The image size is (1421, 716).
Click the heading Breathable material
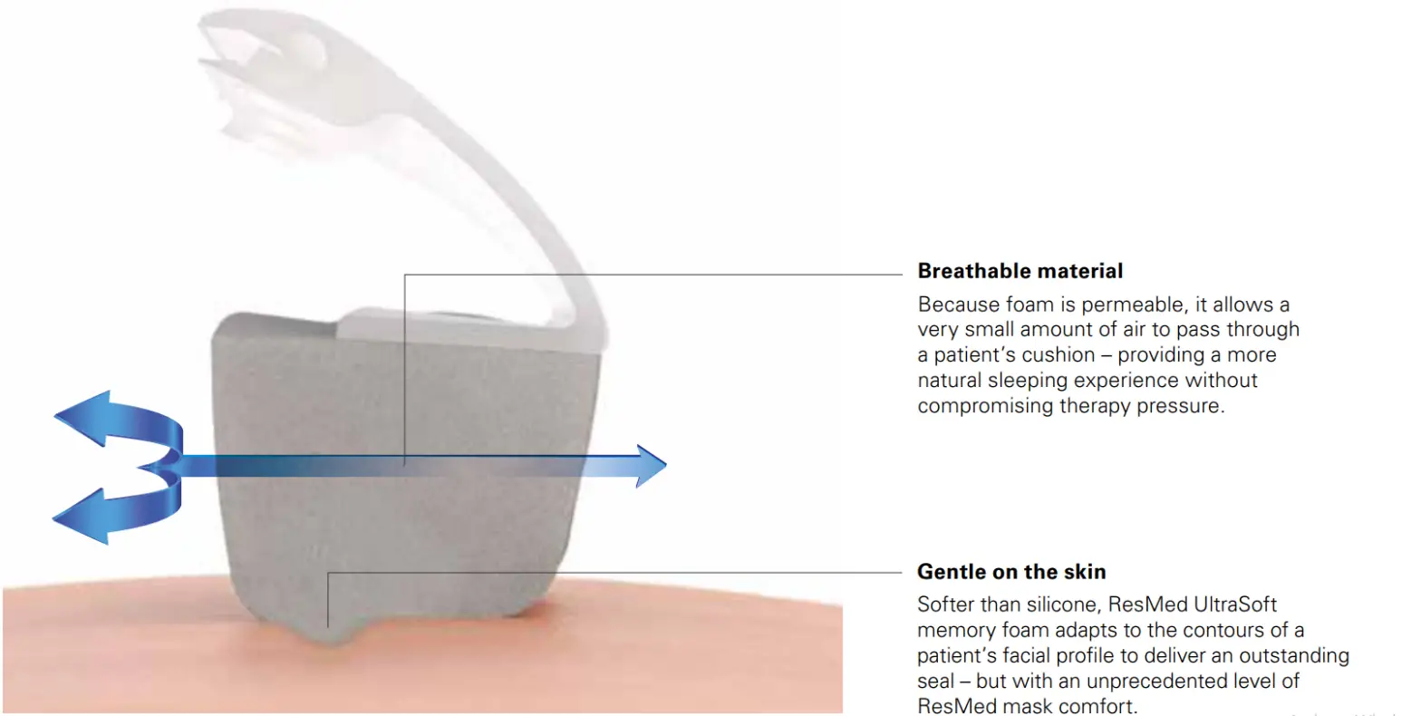1020,271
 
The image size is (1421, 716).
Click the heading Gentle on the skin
1011,572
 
